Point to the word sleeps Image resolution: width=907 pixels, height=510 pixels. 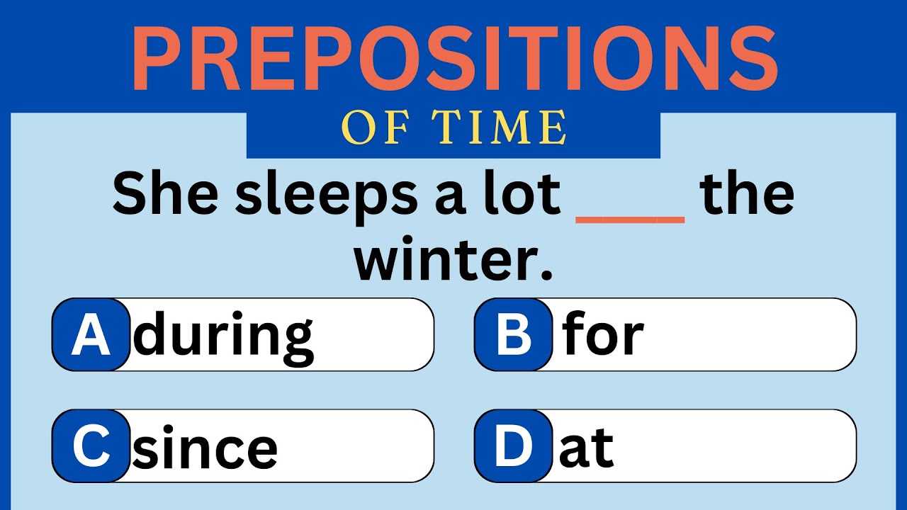(x=327, y=197)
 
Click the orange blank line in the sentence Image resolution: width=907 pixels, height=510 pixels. (x=630, y=220)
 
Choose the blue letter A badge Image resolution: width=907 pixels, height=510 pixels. (x=91, y=335)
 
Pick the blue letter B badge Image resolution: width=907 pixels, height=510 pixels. (x=513, y=335)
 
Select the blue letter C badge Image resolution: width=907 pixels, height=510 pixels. (x=91, y=446)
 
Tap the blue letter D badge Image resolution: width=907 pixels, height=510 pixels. (x=513, y=446)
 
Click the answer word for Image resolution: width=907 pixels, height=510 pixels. (x=603, y=334)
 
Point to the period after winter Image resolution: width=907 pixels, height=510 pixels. (x=546, y=273)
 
